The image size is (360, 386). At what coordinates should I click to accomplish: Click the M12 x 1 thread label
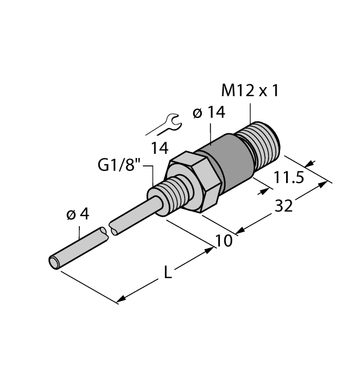249,91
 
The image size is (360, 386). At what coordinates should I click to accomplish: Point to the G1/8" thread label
120,165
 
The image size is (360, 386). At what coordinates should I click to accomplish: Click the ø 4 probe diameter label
77,215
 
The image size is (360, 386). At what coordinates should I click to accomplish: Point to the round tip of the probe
55,262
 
